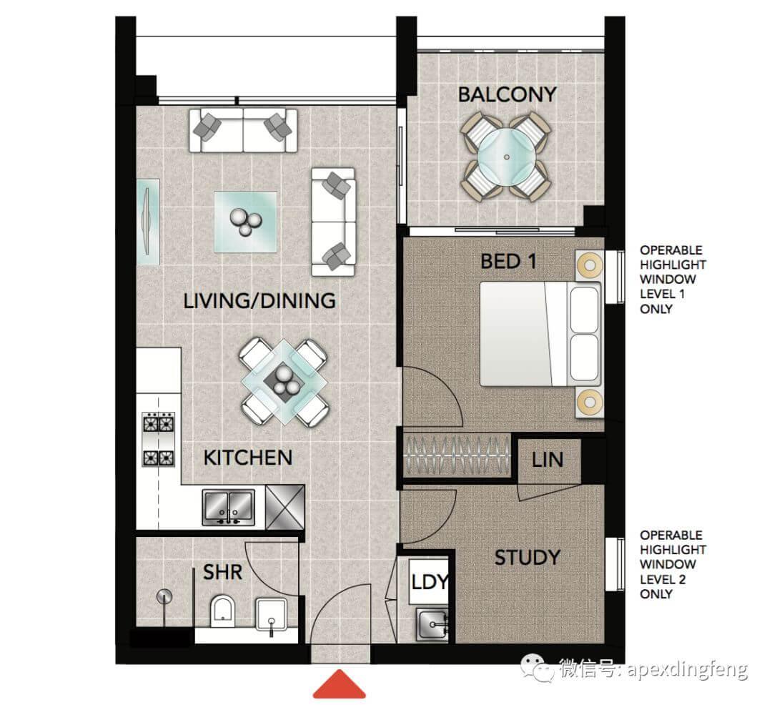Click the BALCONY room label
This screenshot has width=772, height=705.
(507, 94)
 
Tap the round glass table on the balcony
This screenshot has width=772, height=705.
(507, 157)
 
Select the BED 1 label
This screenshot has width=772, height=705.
(509, 262)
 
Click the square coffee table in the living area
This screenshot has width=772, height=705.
(245, 222)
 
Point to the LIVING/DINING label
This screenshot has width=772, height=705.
(259, 301)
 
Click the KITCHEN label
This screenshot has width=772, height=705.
(247, 458)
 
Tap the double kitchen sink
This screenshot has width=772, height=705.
(229, 507)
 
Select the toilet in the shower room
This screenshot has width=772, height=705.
(222, 611)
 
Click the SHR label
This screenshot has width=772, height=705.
(222, 573)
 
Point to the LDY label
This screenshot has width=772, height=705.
(430, 583)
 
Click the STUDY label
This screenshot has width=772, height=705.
(528, 558)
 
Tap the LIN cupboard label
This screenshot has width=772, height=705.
(548, 460)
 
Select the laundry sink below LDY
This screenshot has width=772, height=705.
(432, 624)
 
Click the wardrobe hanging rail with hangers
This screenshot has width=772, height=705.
(457, 455)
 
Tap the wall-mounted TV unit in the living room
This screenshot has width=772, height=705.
(148, 222)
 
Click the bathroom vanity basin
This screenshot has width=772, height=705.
(271, 615)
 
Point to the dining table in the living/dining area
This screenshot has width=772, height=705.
(282, 383)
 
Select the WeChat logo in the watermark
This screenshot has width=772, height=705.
(537, 668)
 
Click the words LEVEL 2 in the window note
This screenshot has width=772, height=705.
(663, 579)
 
